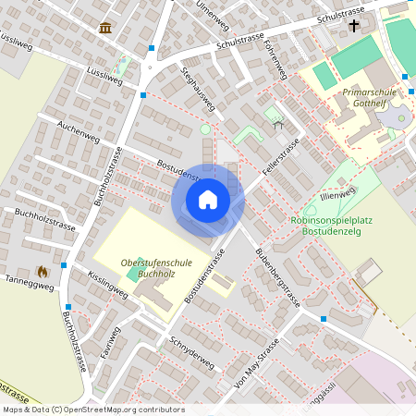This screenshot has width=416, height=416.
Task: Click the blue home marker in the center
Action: [x=208, y=200]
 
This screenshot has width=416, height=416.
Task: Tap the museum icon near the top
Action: [x=104, y=28]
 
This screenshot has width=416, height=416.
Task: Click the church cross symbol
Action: [x=355, y=26]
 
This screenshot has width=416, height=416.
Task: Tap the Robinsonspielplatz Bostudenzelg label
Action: [x=330, y=226]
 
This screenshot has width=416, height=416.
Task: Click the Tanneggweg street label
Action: [x=30, y=282]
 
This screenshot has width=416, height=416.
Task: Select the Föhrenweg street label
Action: [x=275, y=57]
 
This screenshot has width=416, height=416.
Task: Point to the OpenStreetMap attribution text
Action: [x=92, y=410]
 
